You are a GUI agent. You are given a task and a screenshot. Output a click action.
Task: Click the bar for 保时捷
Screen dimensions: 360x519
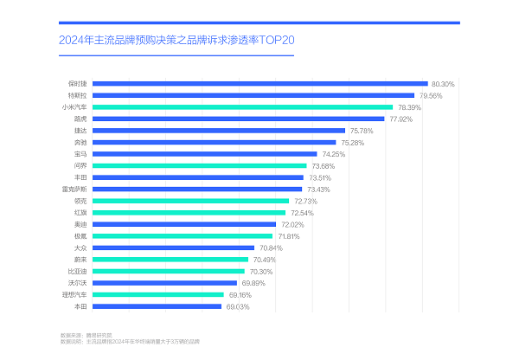point(259,83)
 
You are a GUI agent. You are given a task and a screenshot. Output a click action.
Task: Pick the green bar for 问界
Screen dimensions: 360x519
point(200,165)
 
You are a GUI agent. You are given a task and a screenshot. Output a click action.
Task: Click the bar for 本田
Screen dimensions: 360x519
point(157,306)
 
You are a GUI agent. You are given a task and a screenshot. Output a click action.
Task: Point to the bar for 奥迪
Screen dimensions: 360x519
point(184,224)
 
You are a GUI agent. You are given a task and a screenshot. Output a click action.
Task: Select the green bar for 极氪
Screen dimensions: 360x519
point(183,235)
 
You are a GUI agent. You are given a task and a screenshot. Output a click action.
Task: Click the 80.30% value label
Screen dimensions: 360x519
point(443,84)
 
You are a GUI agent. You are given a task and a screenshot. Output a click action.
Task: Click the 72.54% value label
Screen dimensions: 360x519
point(302,212)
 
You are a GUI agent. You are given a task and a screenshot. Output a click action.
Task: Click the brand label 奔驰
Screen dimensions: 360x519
point(80,142)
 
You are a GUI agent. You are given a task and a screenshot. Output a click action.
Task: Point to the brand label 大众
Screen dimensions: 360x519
point(80,247)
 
